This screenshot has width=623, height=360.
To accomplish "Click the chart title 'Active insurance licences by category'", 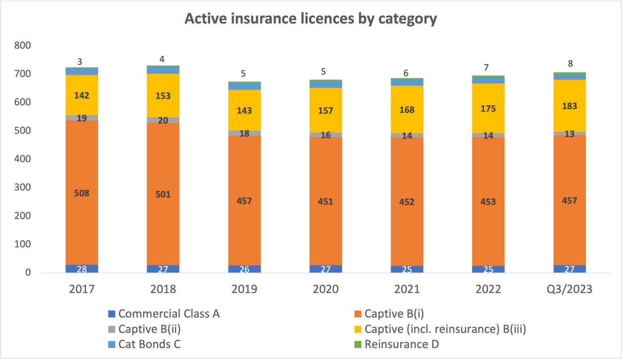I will pyautogui.click(x=311, y=19).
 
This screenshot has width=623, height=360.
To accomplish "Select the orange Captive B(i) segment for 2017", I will pyautogui.click(x=82, y=170).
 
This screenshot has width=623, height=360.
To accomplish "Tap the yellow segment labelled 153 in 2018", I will pyautogui.click(x=163, y=96).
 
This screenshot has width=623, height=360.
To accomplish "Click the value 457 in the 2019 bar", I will pyautogui.click(x=244, y=201).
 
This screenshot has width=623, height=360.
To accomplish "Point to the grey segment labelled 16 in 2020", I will pyautogui.click(x=326, y=135).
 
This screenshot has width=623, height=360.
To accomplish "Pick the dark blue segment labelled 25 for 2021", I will pyautogui.click(x=407, y=269).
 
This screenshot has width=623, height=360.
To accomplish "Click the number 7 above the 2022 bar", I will pyautogui.click(x=486, y=67).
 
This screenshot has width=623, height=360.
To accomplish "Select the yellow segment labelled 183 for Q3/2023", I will pyautogui.click(x=569, y=106).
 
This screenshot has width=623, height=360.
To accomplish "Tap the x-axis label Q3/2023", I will pyautogui.click(x=569, y=289).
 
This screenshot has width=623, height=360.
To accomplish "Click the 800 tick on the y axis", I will pyautogui.click(x=23, y=45).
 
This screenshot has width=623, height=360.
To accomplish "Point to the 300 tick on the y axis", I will pyautogui.click(x=23, y=187).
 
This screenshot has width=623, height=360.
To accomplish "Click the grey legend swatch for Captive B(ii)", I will pyautogui.click(x=112, y=329).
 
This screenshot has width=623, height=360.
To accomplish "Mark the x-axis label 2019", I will pyautogui.click(x=244, y=289).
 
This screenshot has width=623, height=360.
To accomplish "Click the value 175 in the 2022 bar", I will pyautogui.click(x=488, y=109).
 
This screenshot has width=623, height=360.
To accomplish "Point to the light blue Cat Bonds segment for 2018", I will pyautogui.click(x=163, y=70).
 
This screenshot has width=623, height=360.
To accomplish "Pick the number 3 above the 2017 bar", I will pyautogui.click(x=80, y=62).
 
